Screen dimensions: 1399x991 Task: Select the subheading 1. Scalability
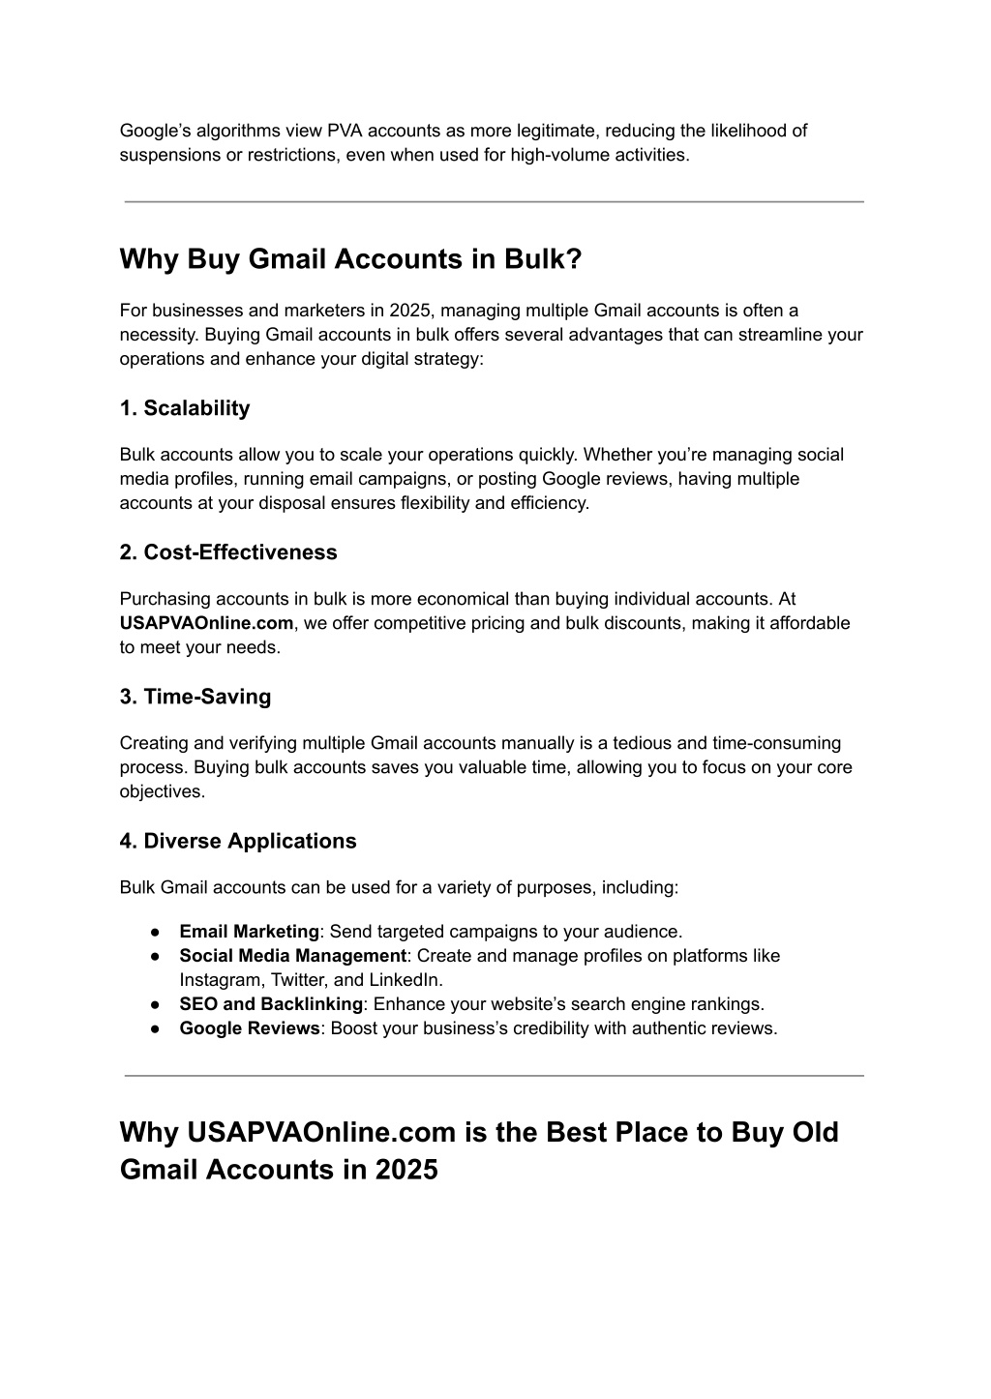point(185,408)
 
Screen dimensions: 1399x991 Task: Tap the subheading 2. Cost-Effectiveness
point(228,552)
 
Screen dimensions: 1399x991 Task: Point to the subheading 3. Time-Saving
point(195,697)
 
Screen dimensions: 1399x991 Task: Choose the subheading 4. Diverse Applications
point(238,841)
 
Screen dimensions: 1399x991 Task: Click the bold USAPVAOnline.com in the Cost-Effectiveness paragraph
point(206,623)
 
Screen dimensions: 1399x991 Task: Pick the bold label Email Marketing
point(249,932)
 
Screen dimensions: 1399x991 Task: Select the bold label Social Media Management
point(292,956)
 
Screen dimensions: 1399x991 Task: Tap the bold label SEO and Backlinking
point(271,1004)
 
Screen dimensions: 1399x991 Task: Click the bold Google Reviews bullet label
point(249,1028)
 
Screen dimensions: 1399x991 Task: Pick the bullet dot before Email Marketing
point(155,932)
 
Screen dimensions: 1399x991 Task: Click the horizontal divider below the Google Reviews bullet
point(494,1075)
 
